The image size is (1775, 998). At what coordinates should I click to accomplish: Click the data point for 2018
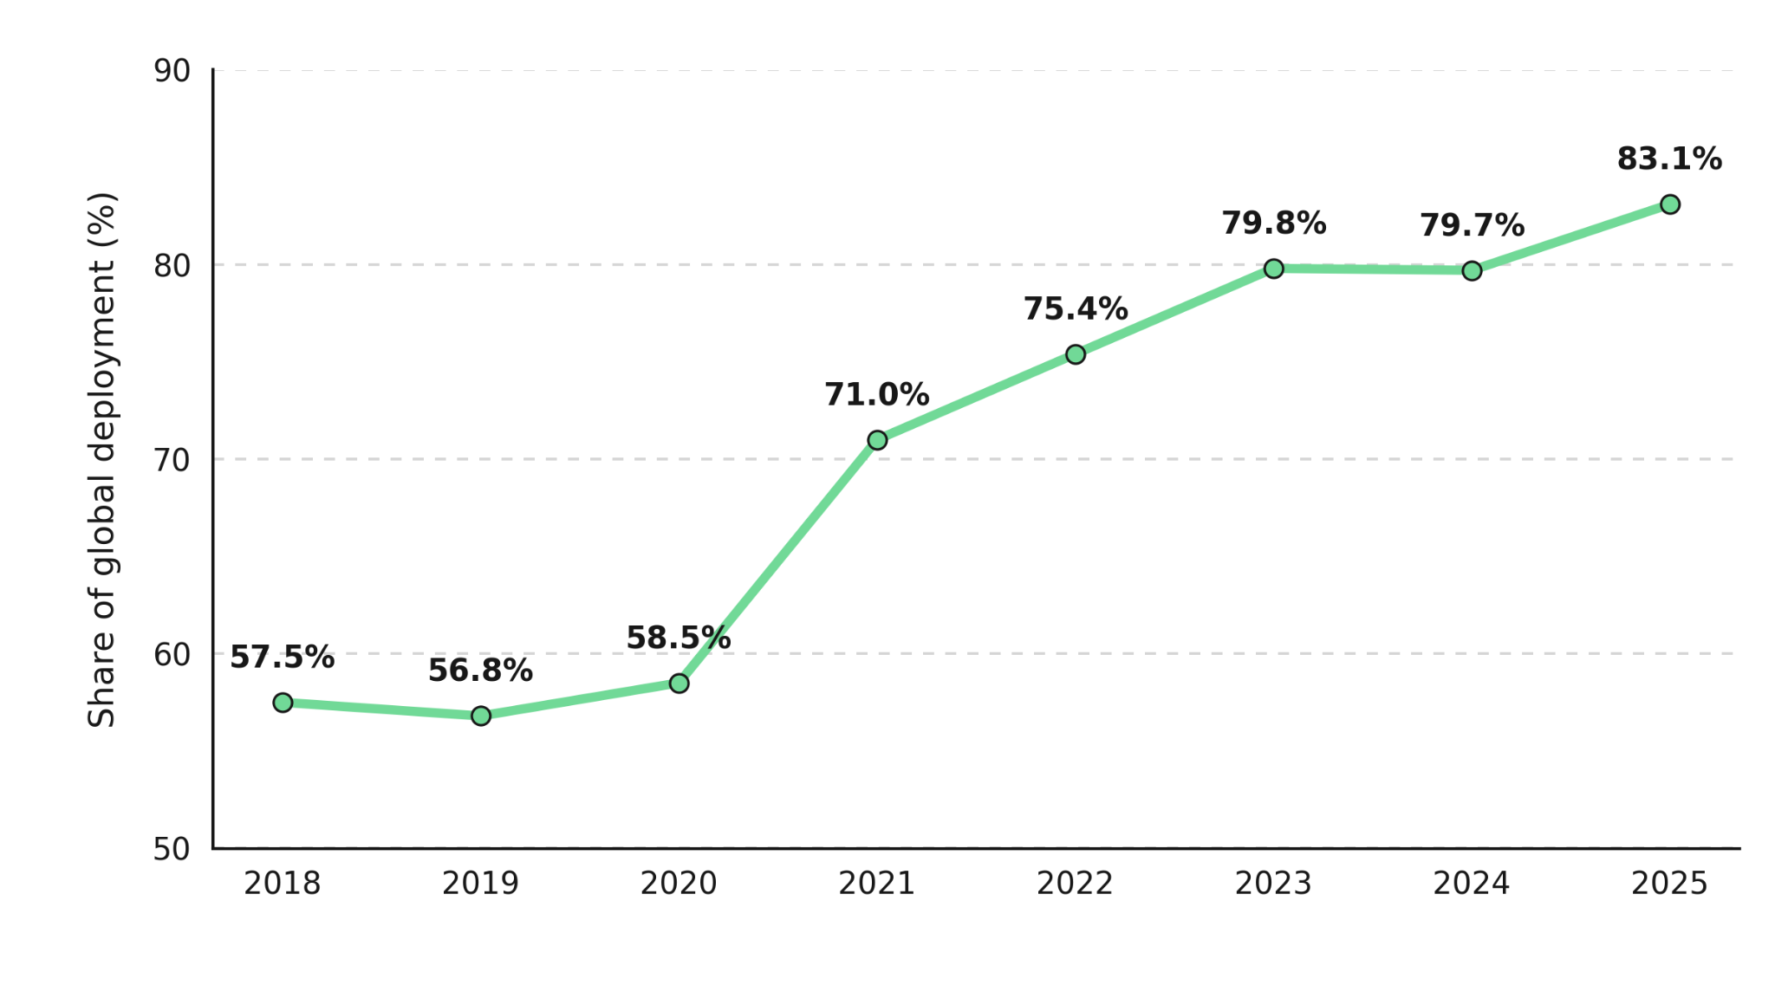(x=283, y=703)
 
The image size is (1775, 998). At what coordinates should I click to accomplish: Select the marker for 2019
(x=481, y=716)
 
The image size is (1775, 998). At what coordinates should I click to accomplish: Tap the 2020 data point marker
(x=679, y=684)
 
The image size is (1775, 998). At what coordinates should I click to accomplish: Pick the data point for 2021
(x=877, y=440)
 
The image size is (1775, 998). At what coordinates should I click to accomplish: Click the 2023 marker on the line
(x=1274, y=269)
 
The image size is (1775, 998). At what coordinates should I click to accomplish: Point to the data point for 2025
(x=1670, y=204)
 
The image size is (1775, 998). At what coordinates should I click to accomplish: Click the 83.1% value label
(x=1669, y=159)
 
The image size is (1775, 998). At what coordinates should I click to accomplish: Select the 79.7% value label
(x=1472, y=226)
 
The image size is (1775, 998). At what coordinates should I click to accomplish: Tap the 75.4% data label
(x=1076, y=309)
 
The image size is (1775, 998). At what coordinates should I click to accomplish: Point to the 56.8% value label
(x=480, y=671)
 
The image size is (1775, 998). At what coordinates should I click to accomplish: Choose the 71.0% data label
(x=877, y=395)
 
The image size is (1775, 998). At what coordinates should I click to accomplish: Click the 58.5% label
(x=679, y=638)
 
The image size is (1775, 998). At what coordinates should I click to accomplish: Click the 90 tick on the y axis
(x=172, y=71)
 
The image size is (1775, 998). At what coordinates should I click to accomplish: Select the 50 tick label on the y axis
(x=172, y=849)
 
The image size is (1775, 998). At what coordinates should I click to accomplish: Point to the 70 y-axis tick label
(x=172, y=460)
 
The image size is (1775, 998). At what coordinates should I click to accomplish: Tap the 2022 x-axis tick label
(x=1075, y=884)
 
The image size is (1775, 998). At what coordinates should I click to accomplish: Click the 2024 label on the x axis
(x=1472, y=884)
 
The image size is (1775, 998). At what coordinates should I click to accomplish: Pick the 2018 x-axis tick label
(x=283, y=884)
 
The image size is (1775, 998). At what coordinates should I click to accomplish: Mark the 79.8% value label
(x=1274, y=224)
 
